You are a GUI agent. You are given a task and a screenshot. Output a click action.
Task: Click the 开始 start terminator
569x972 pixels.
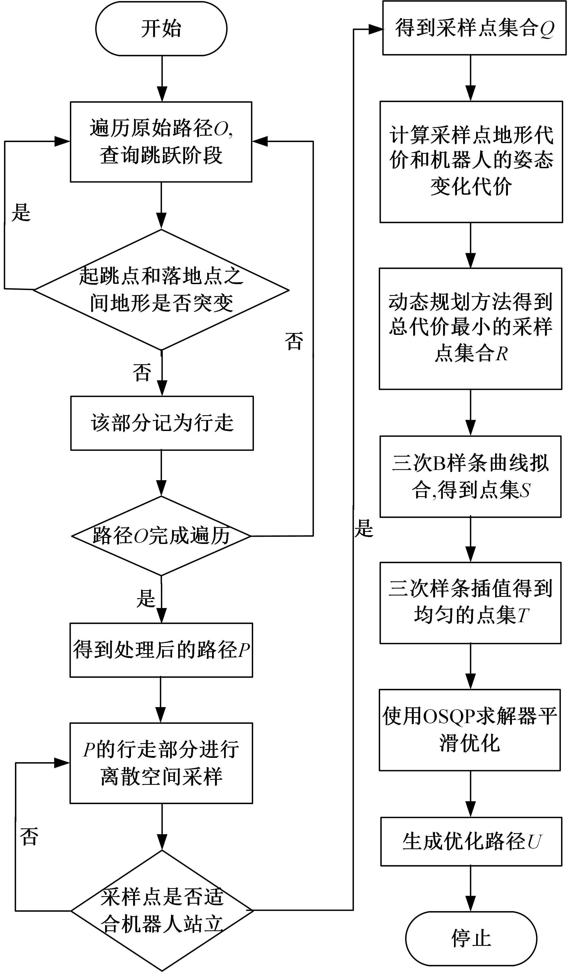tap(161, 29)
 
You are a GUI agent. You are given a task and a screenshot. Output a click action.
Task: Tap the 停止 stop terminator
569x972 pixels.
tap(471, 938)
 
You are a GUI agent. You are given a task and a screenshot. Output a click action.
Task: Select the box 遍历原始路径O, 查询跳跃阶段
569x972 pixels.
tap(161, 142)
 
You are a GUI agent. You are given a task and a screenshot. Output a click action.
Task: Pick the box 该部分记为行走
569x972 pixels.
tap(162, 423)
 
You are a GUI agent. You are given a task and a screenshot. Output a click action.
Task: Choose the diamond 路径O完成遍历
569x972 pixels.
tap(161, 535)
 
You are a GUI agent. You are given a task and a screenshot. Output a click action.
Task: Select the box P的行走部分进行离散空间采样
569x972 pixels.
tap(161, 763)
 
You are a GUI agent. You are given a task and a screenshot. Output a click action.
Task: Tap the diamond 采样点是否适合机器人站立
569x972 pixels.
tap(162, 910)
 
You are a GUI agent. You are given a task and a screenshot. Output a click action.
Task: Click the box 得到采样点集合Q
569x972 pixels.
tap(474, 28)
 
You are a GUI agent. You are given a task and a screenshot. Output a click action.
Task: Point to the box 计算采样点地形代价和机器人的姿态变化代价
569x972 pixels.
tap(471, 162)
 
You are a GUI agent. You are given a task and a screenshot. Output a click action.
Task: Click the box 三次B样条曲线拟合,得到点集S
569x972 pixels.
tap(470, 476)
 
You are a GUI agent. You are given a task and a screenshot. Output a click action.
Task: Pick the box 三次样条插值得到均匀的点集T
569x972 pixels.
tap(470, 603)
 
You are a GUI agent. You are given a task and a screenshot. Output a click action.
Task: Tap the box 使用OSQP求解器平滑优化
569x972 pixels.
tap(469, 730)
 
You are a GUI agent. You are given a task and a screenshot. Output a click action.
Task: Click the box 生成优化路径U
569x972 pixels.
tap(471, 842)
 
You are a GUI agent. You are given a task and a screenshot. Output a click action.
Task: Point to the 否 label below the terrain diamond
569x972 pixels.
tap(142, 372)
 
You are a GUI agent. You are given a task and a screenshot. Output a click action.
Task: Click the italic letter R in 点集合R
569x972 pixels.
tap(502, 353)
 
